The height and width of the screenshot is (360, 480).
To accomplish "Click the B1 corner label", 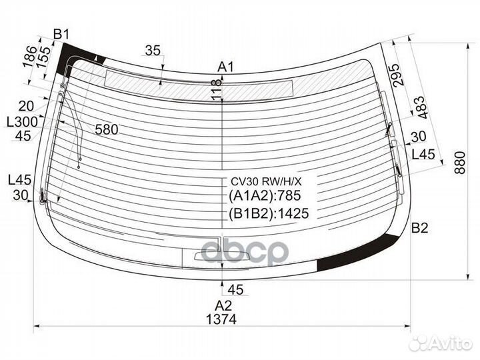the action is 61,34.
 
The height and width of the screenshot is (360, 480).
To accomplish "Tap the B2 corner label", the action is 419,228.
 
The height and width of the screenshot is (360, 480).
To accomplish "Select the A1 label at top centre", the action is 225,67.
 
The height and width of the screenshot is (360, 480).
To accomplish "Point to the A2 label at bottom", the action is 223,305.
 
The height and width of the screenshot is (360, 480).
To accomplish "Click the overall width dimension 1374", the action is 221,319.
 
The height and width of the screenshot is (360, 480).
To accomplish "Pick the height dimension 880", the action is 459,163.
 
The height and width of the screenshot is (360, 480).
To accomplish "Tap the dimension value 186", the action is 31,56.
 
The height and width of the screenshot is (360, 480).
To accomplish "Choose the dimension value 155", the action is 44,57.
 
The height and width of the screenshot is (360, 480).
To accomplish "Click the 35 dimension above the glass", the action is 153,51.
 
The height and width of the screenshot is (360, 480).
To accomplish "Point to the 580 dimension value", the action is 107,130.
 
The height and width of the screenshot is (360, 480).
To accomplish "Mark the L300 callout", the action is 23,122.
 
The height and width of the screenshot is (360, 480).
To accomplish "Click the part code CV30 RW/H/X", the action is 266,182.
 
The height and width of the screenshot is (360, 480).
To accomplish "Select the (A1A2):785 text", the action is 265,195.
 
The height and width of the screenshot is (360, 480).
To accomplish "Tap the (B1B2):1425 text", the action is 269,213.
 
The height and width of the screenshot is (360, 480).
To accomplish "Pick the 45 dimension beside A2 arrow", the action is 236,289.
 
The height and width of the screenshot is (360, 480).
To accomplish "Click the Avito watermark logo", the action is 441,343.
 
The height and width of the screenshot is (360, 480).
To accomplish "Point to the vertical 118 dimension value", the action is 217,89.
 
